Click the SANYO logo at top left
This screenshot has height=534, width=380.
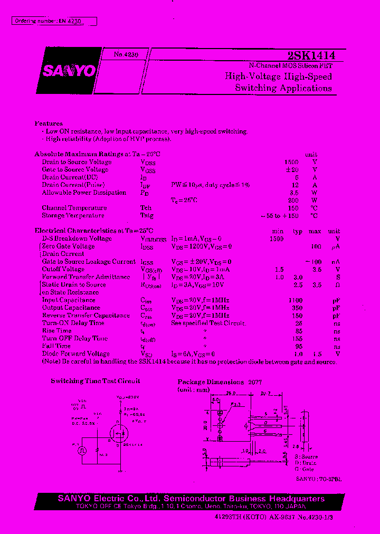coord(69,71)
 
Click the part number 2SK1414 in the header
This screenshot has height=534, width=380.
coord(311,55)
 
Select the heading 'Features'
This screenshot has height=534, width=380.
coord(49,123)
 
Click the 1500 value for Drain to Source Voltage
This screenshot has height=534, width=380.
coord(291,162)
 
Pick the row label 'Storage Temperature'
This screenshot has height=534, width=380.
coord(73,216)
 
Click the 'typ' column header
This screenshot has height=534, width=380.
coord(298,231)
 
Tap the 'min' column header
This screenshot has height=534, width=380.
coord(278,231)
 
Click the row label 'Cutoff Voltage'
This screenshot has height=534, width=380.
coord(63,269)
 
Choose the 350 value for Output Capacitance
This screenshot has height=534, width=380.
coord(297,308)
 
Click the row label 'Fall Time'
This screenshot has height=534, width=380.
coord(56,346)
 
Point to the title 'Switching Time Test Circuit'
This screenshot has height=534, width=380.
coord(96,381)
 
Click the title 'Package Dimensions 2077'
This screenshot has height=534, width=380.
coord(220,382)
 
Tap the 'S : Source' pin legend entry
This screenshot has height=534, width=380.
coord(307,456)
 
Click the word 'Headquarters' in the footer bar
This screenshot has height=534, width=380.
coord(296,499)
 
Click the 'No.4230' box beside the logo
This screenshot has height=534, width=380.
coord(126,54)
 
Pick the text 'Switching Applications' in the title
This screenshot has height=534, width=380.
coord(283,88)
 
